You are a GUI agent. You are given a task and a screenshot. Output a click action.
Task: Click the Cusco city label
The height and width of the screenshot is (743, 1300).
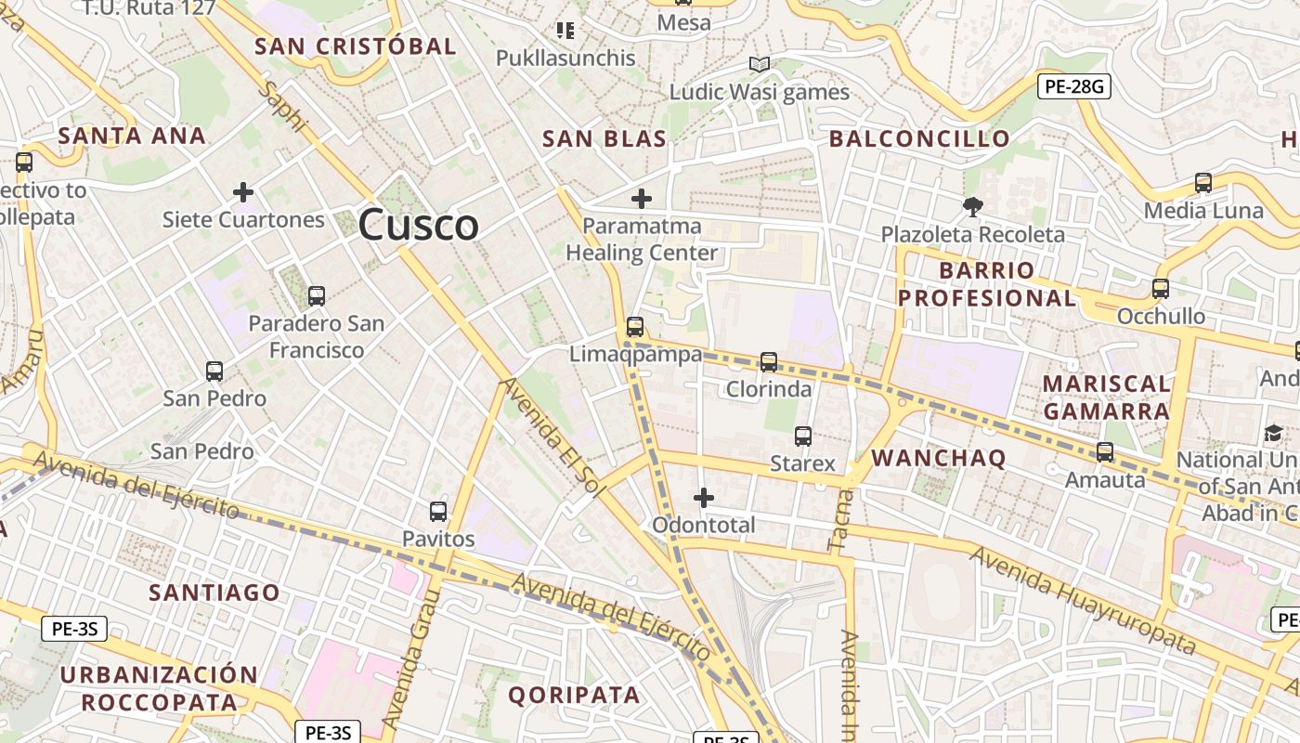pyautogui.click(x=418, y=225)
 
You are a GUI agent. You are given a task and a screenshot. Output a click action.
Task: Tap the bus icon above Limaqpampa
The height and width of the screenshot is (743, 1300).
pyautogui.click(x=635, y=327)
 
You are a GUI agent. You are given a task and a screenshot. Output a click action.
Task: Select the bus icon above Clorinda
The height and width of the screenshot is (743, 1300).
pyautogui.click(x=769, y=362)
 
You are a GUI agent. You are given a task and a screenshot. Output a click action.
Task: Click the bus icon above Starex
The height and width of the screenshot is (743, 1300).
pyautogui.click(x=803, y=437)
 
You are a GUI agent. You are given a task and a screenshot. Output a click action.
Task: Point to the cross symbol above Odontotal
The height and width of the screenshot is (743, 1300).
pyautogui.click(x=704, y=498)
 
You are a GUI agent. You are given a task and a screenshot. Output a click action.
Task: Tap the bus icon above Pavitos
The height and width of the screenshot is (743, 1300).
pyautogui.click(x=438, y=512)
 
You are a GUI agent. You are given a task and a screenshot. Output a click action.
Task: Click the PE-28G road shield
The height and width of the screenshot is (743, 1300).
pyautogui.click(x=1073, y=87)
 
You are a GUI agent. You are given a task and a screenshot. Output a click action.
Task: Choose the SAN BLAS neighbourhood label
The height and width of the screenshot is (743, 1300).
pyautogui.click(x=604, y=139)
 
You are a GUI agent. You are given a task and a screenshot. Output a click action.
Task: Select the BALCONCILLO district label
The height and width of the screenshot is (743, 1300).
pyautogui.click(x=919, y=139)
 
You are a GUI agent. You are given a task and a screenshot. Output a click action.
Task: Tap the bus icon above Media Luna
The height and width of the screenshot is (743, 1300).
pyautogui.click(x=1203, y=183)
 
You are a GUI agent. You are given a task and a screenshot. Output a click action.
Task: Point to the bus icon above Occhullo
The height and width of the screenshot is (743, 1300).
pyautogui.click(x=1161, y=289)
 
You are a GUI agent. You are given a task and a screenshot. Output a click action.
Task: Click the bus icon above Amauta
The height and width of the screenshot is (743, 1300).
pyautogui.click(x=1105, y=452)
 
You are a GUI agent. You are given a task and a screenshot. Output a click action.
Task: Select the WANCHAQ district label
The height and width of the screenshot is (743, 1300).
pyautogui.click(x=939, y=458)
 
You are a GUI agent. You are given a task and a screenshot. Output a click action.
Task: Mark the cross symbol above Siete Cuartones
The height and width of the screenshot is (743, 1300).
pyautogui.click(x=243, y=193)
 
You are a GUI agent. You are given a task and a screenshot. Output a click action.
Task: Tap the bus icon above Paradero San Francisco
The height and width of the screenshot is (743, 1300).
pyautogui.click(x=317, y=296)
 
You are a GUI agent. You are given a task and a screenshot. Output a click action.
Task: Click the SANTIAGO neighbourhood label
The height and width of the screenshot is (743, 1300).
pyautogui.click(x=214, y=593)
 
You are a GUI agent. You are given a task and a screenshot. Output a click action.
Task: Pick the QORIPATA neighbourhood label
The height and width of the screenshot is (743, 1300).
pyautogui.click(x=574, y=695)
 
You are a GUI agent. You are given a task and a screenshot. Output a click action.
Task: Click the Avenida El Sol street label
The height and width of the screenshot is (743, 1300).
pyautogui.click(x=553, y=437)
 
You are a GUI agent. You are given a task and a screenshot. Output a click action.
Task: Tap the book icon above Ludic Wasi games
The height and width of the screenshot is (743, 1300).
pyautogui.click(x=760, y=65)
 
